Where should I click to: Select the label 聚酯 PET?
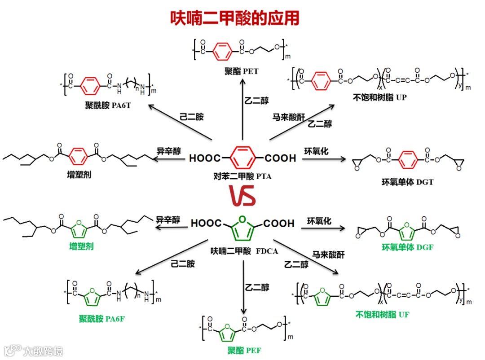242,71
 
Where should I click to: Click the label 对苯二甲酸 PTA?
242,176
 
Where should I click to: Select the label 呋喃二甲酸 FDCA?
242,251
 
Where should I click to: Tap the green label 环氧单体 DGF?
407,246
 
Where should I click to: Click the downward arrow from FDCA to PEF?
244,287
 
